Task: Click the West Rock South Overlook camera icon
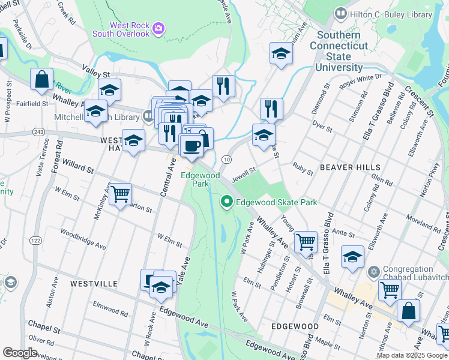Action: tap(158, 28)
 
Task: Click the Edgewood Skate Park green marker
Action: tap(227, 202)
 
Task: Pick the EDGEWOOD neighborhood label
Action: tap(294, 326)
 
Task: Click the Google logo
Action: tap(20, 353)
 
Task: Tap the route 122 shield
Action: tap(37, 240)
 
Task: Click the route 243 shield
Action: tap(38, 131)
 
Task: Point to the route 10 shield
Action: tap(226, 159)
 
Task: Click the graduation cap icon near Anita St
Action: tap(352, 257)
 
